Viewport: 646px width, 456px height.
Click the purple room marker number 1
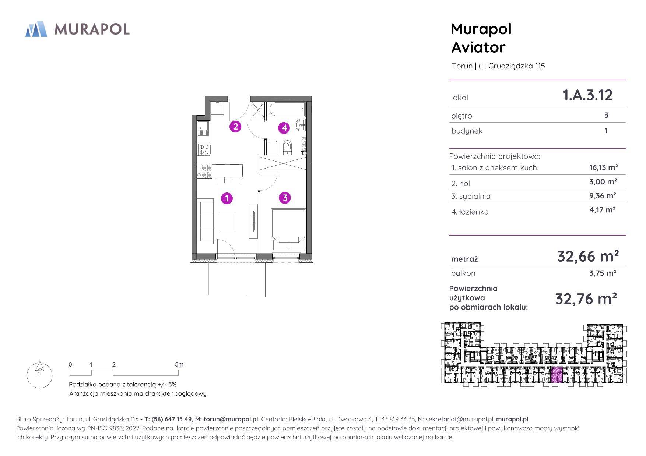[227, 198]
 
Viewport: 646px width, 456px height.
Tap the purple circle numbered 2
[235, 127]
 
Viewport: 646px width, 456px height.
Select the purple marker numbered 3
[285, 198]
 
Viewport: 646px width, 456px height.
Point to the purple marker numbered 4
[284, 128]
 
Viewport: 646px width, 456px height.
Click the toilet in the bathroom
[287, 146]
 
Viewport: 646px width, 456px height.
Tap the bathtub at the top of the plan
[287, 109]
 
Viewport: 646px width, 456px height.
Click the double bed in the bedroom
[288, 230]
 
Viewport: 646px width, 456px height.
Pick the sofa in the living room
[206, 221]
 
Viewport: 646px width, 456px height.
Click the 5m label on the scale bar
[179, 364]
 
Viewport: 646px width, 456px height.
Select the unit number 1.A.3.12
[587, 95]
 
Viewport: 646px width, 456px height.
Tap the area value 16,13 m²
[603, 167]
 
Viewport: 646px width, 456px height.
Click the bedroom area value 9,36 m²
[603, 195]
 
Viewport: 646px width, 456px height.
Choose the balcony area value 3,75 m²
[603, 273]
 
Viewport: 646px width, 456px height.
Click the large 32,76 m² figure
[586, 299]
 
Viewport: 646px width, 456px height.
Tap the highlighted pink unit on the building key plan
[556, 375]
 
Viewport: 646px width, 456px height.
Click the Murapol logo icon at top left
[36, 29]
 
